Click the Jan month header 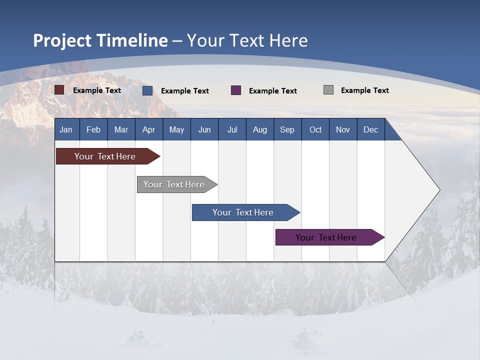click(66, 129)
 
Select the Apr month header click(148, 129)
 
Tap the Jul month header click(232, 129)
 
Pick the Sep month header click(287, 129)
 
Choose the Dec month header click(370, 129)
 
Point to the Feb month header click(93, 129)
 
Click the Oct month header click(315, 129)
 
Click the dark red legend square click(59, 90)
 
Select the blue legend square click(147, 90)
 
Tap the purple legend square click(236, 90)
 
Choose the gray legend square click(328, 90)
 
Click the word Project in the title click(62, 40)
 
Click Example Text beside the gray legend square click(364, 90)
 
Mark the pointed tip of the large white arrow click(439, 190)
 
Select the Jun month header click(204, 129)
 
